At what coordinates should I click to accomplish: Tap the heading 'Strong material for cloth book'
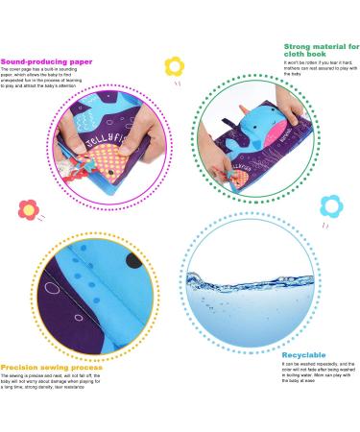321,51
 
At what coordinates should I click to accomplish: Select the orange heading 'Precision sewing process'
49,366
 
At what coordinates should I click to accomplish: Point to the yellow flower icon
174,66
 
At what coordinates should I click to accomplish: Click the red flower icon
27,207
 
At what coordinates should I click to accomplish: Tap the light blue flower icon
330,204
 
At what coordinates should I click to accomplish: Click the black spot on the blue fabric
132,261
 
